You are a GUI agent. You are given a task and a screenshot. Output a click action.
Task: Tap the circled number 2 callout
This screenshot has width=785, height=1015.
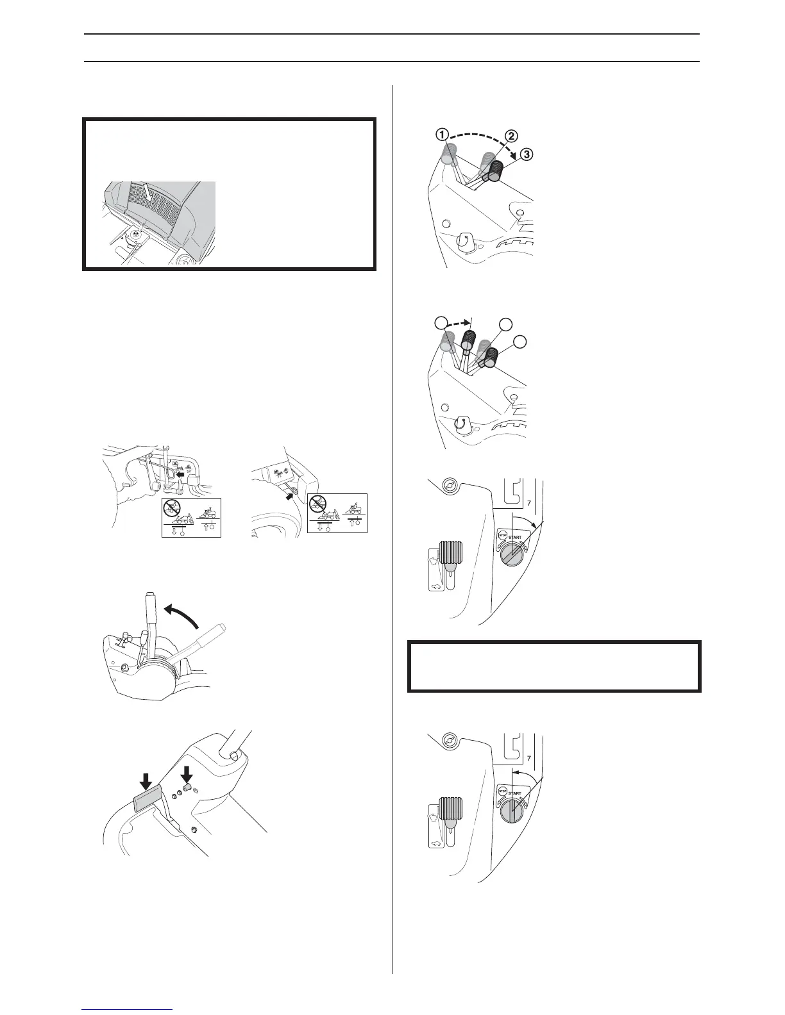pyautogui.click(x=511, y=136)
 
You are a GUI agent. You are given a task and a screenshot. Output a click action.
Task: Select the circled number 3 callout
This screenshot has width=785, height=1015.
pyautogui.click(x=527, y=154)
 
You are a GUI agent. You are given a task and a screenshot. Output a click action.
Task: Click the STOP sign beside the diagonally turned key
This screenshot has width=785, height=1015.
pyautogui.click(x=503, y=534)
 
